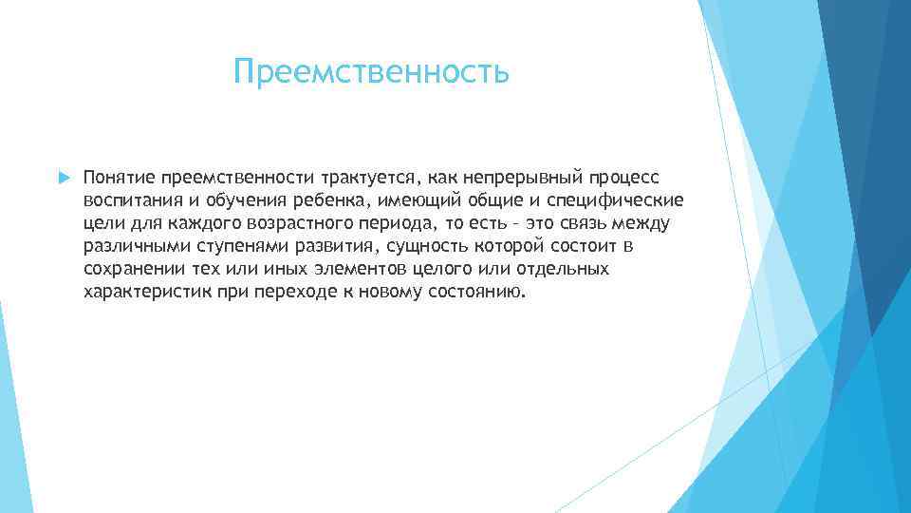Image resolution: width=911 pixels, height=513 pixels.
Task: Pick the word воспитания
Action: click(126, 200)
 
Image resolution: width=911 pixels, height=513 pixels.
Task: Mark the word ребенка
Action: click(328, 200)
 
